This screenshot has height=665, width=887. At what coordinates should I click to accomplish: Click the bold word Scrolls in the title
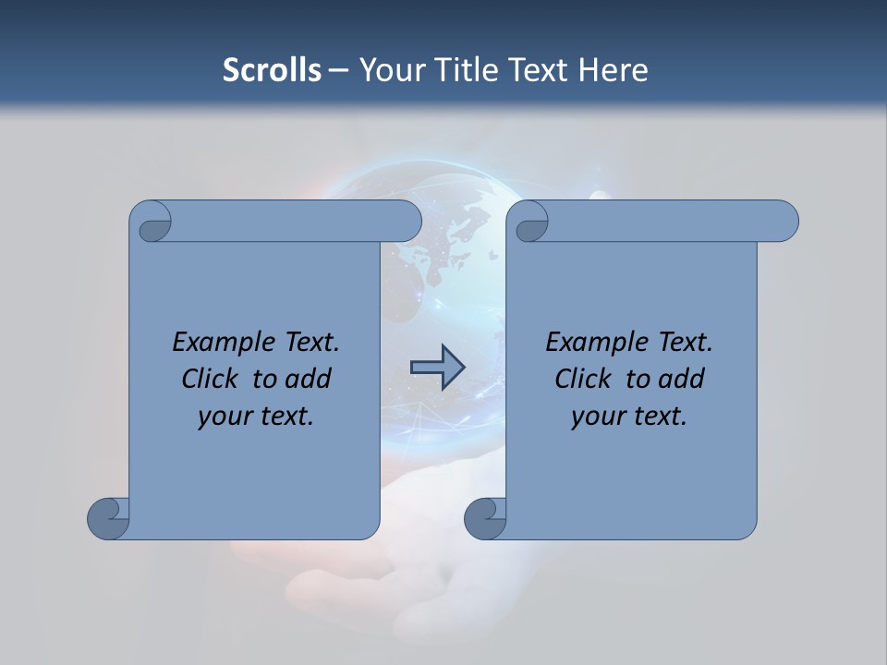point(272,69)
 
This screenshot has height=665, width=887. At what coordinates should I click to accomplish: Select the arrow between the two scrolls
point(437,367)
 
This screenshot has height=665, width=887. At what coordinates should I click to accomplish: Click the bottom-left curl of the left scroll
point(109,517)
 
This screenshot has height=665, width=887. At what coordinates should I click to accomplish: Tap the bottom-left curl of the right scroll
point(485,517)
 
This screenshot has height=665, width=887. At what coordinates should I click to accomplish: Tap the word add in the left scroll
point(308,379)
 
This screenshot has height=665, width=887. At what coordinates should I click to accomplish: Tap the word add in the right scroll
point(681,379)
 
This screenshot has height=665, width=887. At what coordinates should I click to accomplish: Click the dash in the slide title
point(338,69)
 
